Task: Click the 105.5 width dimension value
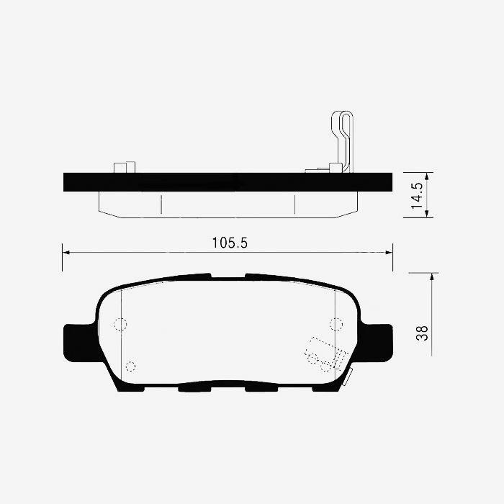point(230,243)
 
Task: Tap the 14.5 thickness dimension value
point(416,195)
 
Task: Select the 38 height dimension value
point(422,333)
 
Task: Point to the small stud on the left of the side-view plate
point(124,167)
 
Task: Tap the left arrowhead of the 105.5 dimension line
point(66,252)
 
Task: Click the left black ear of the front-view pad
point(78,343)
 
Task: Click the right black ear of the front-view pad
point(377,343)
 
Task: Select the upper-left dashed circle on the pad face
point(121,324)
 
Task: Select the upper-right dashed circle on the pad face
point(336,324)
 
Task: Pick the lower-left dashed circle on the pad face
point(130,365)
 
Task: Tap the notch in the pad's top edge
point(228,276)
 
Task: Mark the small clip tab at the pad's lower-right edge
point(347,376)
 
